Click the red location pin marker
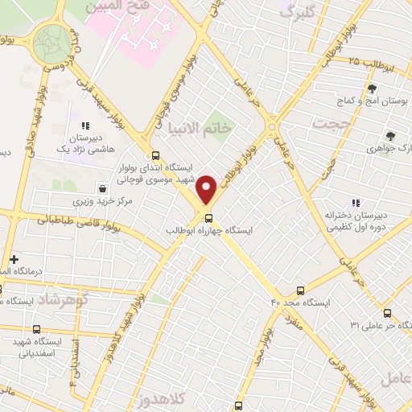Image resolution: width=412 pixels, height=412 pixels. [207, 187]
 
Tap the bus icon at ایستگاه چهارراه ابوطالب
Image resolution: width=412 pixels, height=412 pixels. [209, 217]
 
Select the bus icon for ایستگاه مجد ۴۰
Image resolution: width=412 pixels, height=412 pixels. [300, 290]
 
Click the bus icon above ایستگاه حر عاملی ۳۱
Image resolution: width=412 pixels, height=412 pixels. [388, 313]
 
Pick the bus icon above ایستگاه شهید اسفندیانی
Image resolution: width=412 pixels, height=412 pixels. [36, 328]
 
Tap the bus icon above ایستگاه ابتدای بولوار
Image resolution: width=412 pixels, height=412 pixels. [154, 157]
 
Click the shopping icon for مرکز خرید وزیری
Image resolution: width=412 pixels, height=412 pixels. [101, 187]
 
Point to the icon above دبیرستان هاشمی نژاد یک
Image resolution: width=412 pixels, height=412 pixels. [84, 126]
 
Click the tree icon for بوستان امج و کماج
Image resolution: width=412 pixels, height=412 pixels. [372, 89]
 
